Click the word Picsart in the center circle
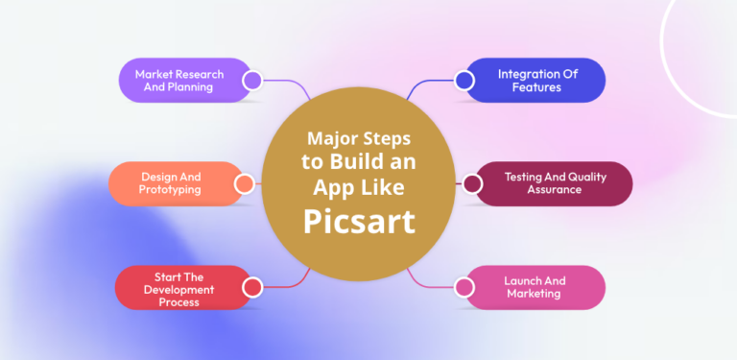360,221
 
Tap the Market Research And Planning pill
179,81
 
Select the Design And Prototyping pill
173,183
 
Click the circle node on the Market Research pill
252,81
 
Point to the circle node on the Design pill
245,183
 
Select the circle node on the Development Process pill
252,287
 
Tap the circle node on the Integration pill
464,81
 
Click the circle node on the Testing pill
471,183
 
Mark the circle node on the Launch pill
464,287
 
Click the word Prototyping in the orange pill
171,190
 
